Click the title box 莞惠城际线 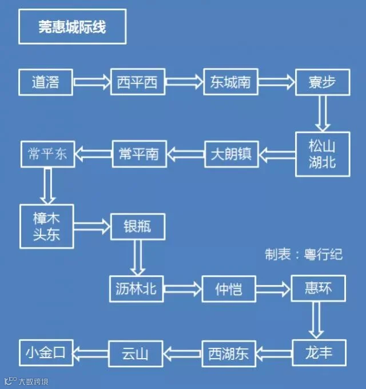click(72, 27)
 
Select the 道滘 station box click(46, 82)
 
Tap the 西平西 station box click(137, 82)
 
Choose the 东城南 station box click(230, 82)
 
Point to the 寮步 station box click(323, 82)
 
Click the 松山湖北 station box click(323, 154)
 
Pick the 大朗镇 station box click(231, 154)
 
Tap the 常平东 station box click(48, 153)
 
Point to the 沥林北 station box click(137, 289)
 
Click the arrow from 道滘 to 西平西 click(91, 82)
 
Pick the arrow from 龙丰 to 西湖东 click(274, 353)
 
